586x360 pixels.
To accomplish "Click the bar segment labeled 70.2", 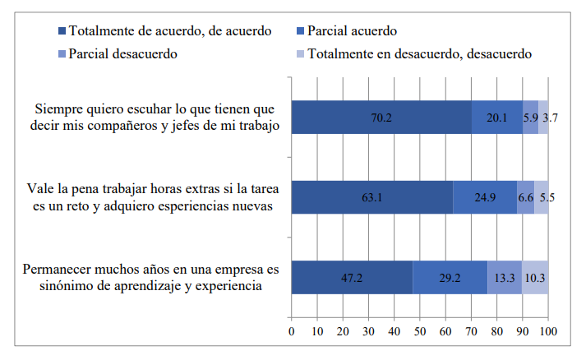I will click(x=381, y=118).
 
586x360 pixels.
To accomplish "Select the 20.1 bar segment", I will click(x=497, y=118).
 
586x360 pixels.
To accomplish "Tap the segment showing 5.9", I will click(x=531, y=118).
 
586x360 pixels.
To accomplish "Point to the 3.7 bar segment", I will click(x=543, y=118).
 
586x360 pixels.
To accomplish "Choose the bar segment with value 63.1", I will click(x=372, y=197).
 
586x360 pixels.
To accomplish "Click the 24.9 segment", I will click(x=485, y=197).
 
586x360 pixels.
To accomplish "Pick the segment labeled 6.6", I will click(x=526, y=197).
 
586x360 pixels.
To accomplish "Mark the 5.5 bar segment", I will click(x=541, y=197).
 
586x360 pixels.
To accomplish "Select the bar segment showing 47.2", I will click(x=352, y=277).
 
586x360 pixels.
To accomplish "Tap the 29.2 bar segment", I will click(x=450, y=277).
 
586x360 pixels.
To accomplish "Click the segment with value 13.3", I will click(x=505, y=277).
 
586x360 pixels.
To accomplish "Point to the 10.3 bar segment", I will click(x=535, y=277).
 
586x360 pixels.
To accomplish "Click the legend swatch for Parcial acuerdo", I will click(x=301, y=31).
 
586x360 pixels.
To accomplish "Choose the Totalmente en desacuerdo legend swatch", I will click(x=301, y=53).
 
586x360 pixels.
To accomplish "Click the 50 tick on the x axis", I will click(x=420, y=331).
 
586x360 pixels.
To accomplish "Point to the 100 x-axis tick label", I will click(x=548, y=331).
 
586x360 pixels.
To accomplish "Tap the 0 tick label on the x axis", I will click(x=292, y=331).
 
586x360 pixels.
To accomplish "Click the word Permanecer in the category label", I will click(x=58, y=269).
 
